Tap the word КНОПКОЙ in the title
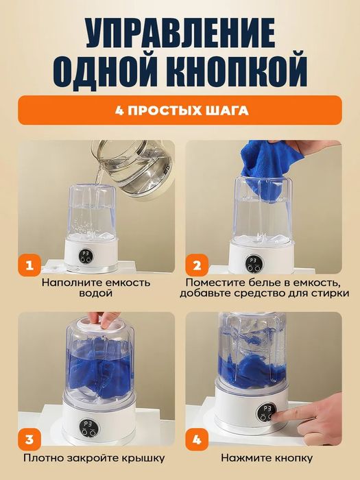(234, 70)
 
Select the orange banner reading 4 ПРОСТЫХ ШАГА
(180, 110)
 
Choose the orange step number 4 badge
(196, 437)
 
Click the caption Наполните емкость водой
(95, 287)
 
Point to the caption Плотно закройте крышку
(95, 457)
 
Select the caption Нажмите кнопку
(267, 457)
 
